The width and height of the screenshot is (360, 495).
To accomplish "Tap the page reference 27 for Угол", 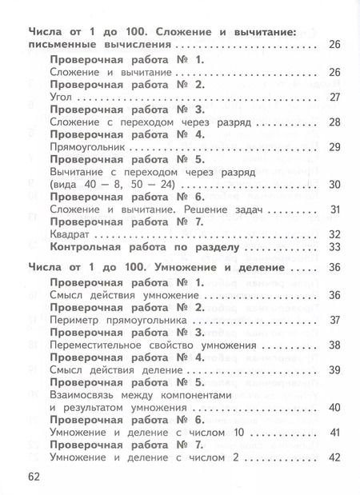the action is click(x=335, y=97).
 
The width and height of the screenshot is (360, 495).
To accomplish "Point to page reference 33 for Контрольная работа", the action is click(x=335, y=246).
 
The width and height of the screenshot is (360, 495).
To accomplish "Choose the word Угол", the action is click(x=62, y=97).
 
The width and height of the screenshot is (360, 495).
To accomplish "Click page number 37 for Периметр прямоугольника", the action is click(x=335, y=321).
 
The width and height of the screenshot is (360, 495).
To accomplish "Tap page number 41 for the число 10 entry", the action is click(x=335, y=432).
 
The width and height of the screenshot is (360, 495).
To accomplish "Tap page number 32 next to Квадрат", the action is click(x=335, y=233).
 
